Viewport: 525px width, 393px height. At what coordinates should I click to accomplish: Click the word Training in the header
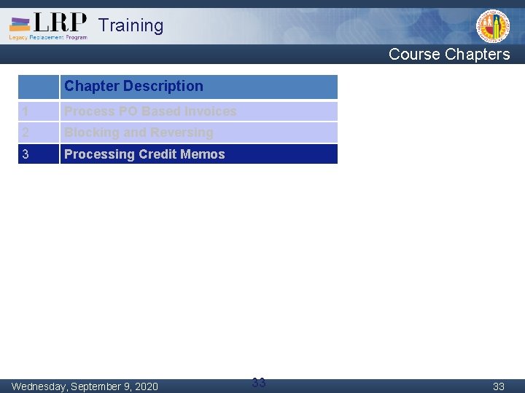[131, 25]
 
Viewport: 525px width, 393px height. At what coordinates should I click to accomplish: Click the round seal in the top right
[493, 26]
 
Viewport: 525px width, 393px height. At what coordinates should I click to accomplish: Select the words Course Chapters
[449, 54]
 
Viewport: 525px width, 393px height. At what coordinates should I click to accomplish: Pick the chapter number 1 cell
[38, 111]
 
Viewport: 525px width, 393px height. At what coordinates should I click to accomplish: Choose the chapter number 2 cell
[38, 132]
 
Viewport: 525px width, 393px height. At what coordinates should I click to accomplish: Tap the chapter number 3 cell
[38, 154]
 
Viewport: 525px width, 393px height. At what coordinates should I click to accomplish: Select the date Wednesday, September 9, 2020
[85, 386]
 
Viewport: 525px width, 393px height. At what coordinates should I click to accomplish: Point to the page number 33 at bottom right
[499, 386]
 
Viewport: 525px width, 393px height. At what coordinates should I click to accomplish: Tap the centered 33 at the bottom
[259, 383]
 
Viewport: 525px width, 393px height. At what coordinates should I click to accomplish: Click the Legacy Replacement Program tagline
[48, 37]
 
